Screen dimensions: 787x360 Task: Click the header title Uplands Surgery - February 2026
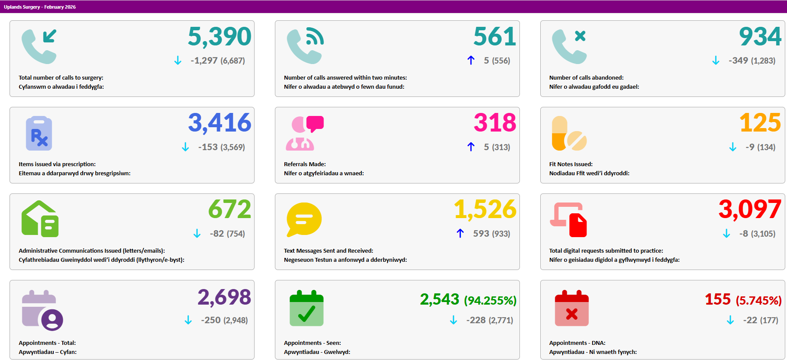(40, 7)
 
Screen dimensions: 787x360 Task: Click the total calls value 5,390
(219, 36)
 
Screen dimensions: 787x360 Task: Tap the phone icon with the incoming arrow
(39, 46)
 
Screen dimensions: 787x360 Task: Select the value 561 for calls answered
(495, 36)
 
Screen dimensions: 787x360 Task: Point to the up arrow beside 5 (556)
(471, 60)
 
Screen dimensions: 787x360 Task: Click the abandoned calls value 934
(760, 36)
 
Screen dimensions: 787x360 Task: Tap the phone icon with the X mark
(569, 46)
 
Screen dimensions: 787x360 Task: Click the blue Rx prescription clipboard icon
(39, 133)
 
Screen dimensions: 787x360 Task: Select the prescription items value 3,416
(219, 123)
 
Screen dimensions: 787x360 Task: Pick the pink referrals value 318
(495, 123)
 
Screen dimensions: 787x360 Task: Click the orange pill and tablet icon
(569, 133)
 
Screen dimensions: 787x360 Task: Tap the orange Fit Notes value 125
(760, 123)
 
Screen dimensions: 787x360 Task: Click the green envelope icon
(40, 219)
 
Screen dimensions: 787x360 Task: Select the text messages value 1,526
(485, 209)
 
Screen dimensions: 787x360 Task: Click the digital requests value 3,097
(750, 209)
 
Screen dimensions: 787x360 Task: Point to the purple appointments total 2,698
(224, 298)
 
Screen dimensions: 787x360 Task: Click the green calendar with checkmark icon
(306, 308)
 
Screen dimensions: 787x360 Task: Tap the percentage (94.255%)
(490, 300)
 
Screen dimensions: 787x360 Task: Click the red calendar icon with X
(572, 308)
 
